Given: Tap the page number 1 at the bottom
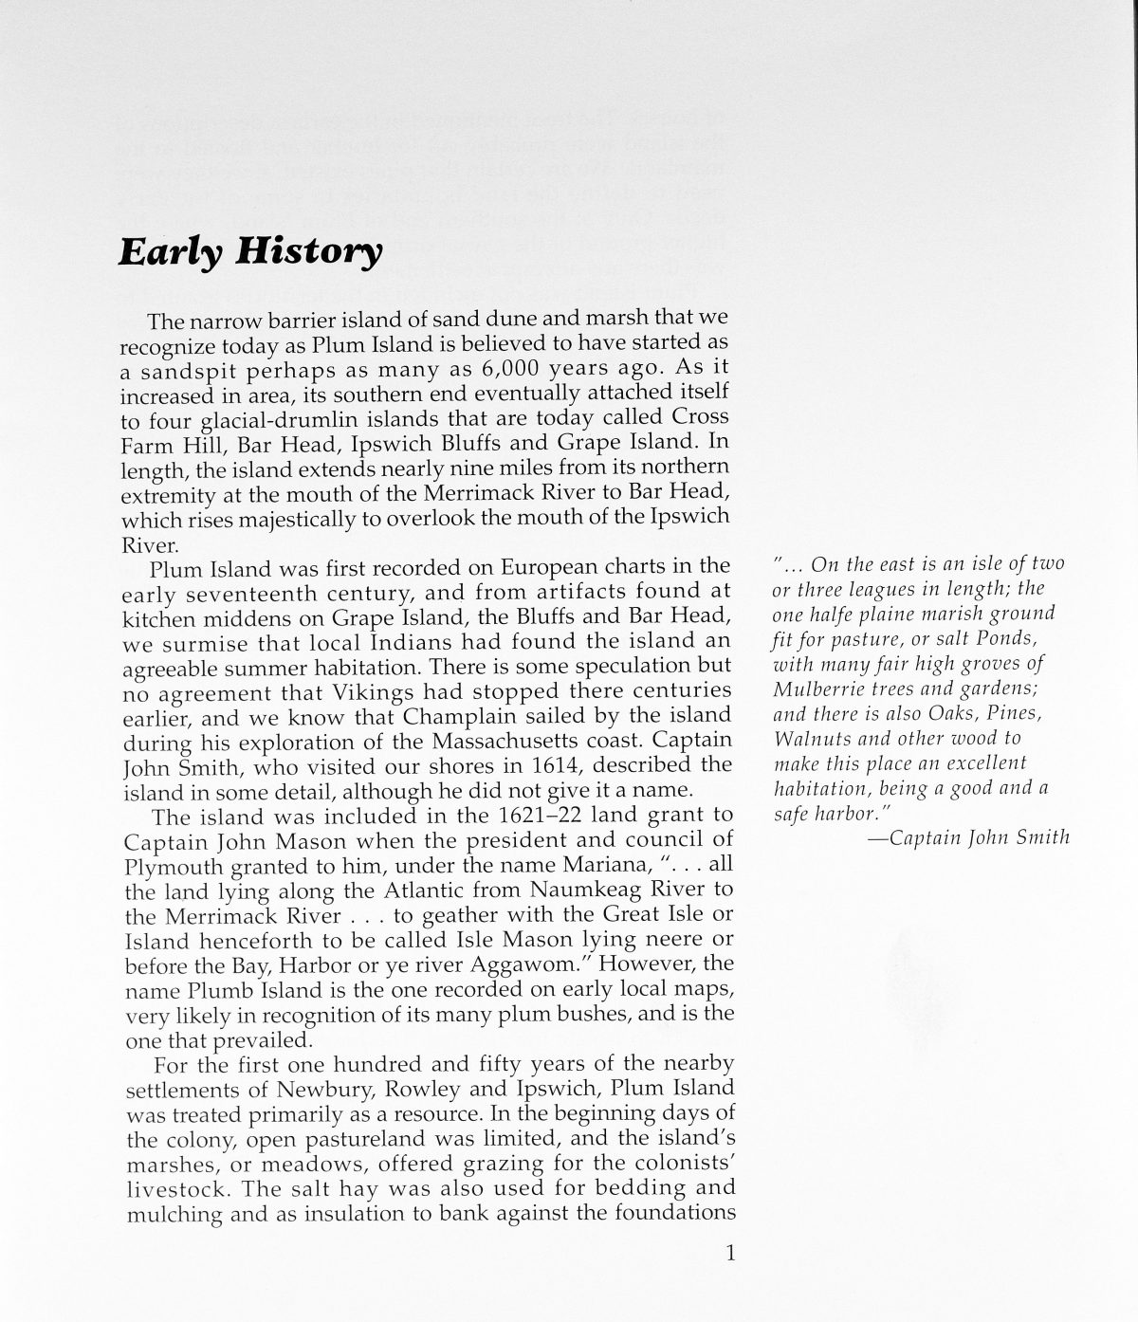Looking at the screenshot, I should (729, 1255).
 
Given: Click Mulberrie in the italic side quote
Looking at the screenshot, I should (813, 688).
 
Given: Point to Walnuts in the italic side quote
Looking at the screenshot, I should (807, 738).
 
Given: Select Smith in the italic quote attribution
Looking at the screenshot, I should (1042, 837).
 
